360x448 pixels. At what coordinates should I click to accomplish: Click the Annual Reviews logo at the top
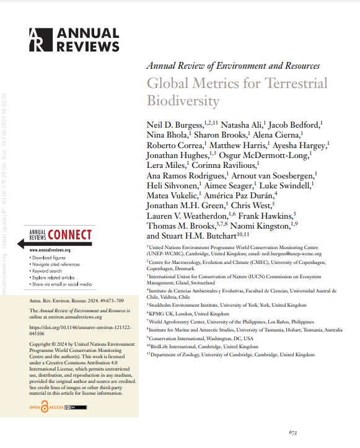pyautogui.click(x=74, y=40)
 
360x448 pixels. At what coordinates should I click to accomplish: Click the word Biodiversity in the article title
pyautogui.click(x=183, y=100)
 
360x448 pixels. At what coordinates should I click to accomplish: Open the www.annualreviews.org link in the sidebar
pyautogui.click(x=50, y=250)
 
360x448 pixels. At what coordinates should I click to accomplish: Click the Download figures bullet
pyautogui.click(x=51, y=257)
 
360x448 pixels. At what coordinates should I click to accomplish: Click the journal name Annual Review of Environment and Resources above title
pyautogui.click(x=233, y=65)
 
